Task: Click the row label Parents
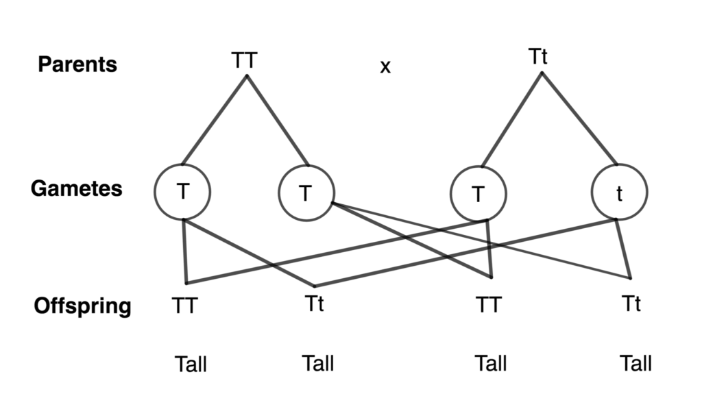(77, 64)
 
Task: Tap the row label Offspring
(82, 306)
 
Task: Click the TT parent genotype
(244, 60)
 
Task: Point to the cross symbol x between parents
(385, 67)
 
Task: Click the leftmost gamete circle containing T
(182, 193)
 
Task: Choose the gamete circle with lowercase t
(619, 193)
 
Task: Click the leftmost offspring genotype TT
(184, 306)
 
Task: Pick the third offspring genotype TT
(489, 303)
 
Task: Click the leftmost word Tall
(190, 364)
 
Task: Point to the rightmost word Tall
(636, 363)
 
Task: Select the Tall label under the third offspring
(491, 363)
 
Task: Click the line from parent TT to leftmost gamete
(214, 120)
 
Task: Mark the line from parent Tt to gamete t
(579, 119)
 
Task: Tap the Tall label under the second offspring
(317, 362)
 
